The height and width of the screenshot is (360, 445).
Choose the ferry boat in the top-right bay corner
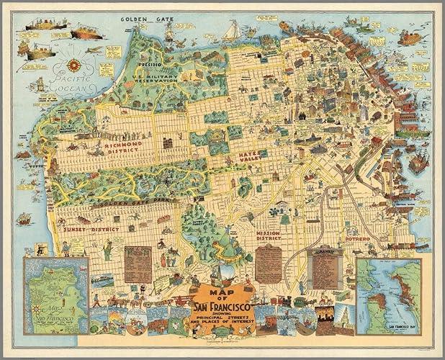tap(410, 37)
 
